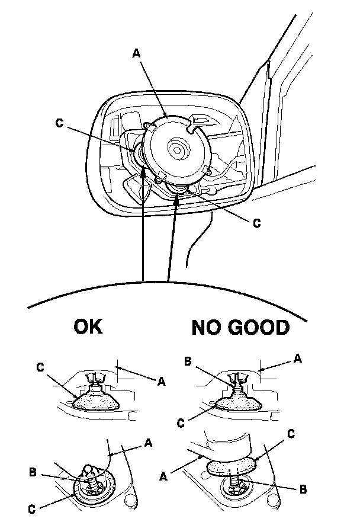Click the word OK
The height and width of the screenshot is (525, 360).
tap(88, 326)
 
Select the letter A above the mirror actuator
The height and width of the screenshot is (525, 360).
tap(136, 53)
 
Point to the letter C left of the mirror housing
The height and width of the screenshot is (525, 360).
tap(58, 123)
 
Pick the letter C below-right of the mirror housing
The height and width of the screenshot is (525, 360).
tap(256, 223)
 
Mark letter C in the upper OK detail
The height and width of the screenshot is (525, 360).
tap(41, 367)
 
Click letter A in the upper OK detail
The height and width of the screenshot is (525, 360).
tap(162, 382)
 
